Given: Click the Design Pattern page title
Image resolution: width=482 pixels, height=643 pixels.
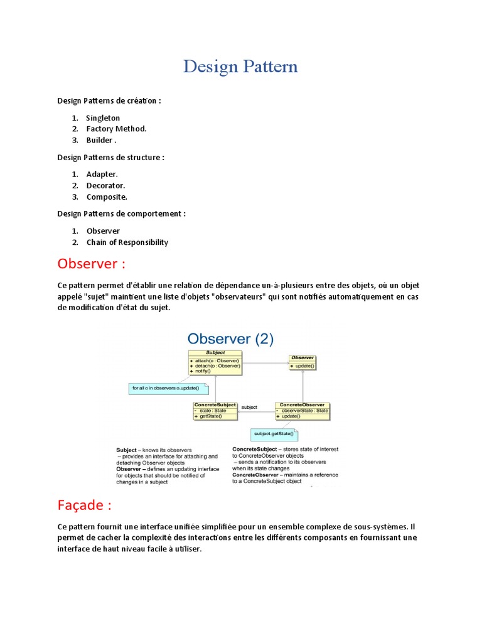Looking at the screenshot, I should (240, 67).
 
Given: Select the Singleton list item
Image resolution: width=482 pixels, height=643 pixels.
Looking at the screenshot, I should (103, 118).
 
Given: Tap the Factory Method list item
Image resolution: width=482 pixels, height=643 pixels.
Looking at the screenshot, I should (116, 129).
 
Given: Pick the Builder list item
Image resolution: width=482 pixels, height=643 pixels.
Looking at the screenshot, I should (101, 140).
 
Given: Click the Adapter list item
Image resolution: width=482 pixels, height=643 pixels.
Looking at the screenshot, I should (102, 174).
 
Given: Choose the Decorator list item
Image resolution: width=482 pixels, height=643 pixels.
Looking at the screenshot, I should (105, 185).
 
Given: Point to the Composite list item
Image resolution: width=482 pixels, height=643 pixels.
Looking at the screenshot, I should (107, 197).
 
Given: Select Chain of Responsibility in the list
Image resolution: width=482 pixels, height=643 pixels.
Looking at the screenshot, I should (127, 242).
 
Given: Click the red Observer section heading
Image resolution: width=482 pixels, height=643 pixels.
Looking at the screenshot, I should (95, 262).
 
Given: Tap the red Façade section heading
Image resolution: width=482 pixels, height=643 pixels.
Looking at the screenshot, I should (84, 505).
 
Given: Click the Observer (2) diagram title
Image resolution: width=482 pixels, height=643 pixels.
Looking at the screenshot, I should (230, 340).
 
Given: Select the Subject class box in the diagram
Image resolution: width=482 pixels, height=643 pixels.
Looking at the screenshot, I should (215, 362).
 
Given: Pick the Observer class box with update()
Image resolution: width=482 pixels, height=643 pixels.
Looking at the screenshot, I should (303, 362).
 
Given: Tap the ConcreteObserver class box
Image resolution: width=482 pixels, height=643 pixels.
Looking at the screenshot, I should (302, 411).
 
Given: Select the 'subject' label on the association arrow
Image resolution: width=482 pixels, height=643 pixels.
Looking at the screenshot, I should (249, 407).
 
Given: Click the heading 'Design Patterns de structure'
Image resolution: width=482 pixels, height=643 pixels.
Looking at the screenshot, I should (110, 157).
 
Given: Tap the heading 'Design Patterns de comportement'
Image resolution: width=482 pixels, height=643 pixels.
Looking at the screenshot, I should (121, 213).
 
